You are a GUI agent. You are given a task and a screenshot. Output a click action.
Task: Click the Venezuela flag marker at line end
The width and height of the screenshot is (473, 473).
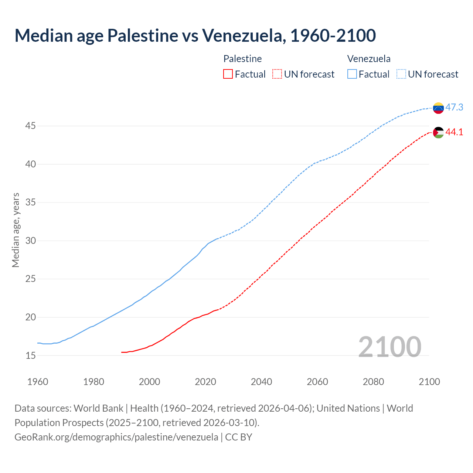[x=438, y=108]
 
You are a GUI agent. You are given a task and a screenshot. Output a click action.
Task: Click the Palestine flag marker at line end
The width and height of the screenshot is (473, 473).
[x=438, y=132]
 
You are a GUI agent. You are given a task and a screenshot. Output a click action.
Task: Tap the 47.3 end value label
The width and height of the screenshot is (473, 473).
[x=454, y=108]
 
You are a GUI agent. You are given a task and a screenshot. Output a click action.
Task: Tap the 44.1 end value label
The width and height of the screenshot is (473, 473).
[x=454, y=132]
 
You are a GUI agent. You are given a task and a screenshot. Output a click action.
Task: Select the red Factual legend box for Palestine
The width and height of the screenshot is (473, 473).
[x=228, y=74]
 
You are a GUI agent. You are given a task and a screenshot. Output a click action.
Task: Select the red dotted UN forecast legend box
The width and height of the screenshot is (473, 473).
[x=277, y=74]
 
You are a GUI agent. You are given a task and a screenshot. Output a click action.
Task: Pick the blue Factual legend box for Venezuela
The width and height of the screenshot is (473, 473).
[x=352, y=74]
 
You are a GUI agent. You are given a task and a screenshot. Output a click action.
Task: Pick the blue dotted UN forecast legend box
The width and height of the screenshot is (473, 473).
[x=401, y=74]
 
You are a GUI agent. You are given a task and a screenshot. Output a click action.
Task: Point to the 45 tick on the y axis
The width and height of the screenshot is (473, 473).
[x=30, y=126]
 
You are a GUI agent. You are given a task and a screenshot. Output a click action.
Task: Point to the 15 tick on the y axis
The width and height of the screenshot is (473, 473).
[x=30, y=355]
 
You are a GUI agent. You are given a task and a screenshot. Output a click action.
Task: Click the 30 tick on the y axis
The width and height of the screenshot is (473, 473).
[x=30, y=241]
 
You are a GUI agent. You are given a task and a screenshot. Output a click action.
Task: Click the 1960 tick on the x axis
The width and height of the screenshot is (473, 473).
[x=38, y=382]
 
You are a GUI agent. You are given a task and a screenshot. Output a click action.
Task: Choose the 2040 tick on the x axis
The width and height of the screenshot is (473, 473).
[x=261, y=382]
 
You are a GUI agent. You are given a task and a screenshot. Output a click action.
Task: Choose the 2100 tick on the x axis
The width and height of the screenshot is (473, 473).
[x=429, y=382]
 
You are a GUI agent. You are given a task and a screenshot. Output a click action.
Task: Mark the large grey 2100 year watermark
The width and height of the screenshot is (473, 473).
[x=389, y=347]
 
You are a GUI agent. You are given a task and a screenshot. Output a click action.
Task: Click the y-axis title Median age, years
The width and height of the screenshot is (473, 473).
[x=16, y=230]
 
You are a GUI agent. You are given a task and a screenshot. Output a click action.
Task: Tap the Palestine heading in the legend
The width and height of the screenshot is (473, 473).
[x=242, y=59]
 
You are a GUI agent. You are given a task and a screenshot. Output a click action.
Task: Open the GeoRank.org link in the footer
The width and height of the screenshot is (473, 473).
[x=116, y=437]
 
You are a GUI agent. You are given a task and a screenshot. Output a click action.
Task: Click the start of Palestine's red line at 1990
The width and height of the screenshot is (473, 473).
[x=122, y=352]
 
